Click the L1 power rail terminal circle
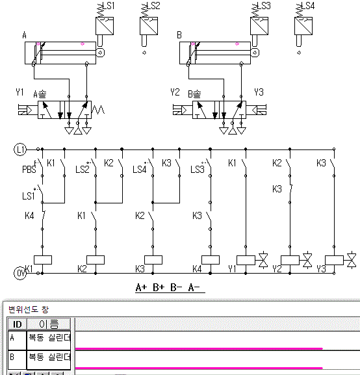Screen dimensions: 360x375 [20, 149]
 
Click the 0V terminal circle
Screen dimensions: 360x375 [20, 273]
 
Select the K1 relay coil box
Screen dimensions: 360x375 [43, 260]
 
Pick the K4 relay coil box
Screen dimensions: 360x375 [211, 260]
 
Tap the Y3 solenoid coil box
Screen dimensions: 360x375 [334, 260]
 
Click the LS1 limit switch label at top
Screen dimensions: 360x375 [109, 5]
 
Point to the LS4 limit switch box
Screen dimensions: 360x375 [303, 26]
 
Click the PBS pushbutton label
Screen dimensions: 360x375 [29, 170]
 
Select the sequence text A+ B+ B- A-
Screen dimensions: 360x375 [168, 287]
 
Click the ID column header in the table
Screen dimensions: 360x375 [18, 324]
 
